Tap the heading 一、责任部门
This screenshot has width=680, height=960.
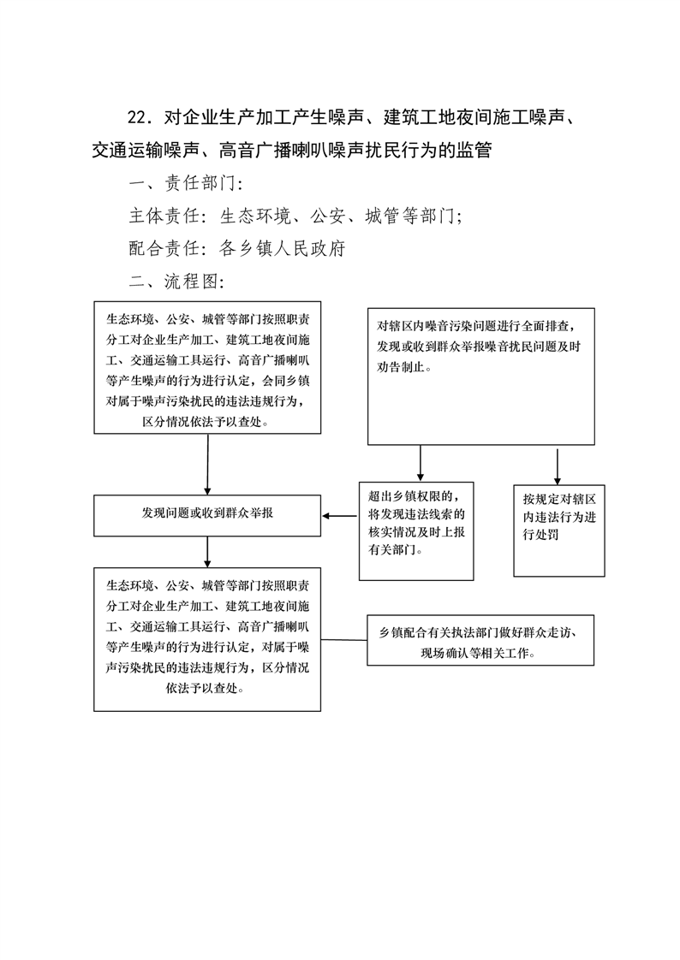[x=186, y=183]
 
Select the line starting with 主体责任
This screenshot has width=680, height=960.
[x=295, y=216]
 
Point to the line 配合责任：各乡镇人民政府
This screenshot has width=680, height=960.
[x=237, y=249]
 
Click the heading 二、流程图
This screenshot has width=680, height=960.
[x=176, y=281]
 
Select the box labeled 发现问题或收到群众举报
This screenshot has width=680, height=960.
[x=207, y=516]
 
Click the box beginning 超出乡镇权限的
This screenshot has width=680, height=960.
[x=416, y=530]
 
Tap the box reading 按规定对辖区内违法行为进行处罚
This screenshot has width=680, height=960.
[x=558, y=530]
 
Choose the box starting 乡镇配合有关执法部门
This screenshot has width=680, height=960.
[x=480, y=640]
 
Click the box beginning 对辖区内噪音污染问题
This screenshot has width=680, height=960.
[x=481, y=376]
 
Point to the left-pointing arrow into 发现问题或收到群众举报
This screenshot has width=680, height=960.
[x=340, y=516]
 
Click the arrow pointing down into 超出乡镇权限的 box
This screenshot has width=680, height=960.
[x=421, y=464]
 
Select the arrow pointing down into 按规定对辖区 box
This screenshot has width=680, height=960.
[x=558, y=467]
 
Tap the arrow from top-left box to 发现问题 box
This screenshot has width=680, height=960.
[x=207, y=465]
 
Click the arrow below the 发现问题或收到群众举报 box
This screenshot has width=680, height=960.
[x=207, y=552]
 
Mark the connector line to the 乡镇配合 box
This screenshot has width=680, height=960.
[x=343, y=640]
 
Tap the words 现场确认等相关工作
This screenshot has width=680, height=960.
[x=475, y=654]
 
